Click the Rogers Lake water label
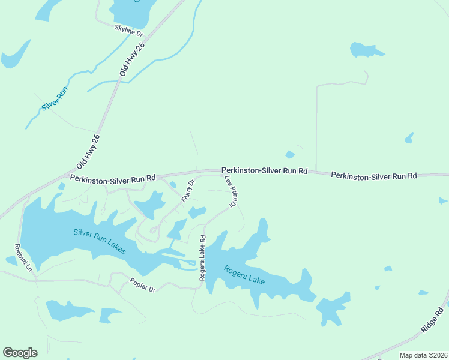[244, 275]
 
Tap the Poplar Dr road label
[143, 285]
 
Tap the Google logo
[20, 353]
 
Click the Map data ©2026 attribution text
[423, 355]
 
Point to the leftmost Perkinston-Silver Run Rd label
[112, 178]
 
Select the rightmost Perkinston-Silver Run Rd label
[373, 176]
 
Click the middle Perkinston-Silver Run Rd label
[264, 171]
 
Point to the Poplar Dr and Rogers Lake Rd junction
[200, 287]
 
